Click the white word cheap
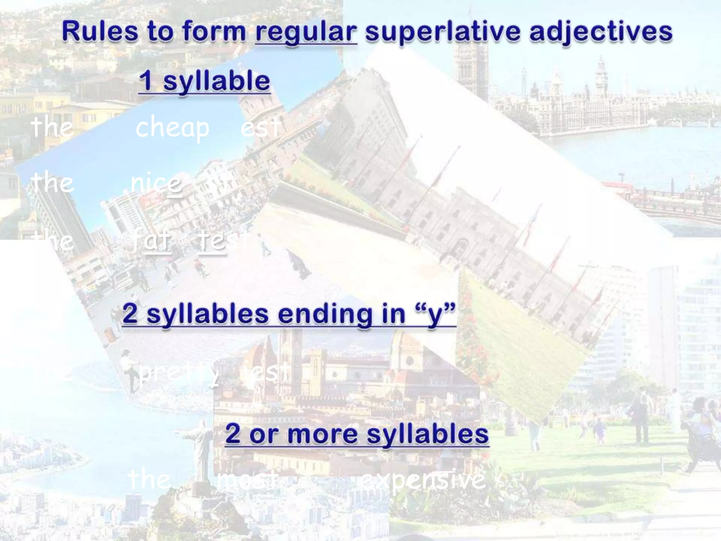tap(173, 128)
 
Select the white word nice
tap(156, 183)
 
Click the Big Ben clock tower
tap(600, 76)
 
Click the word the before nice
tap(52, 183)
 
